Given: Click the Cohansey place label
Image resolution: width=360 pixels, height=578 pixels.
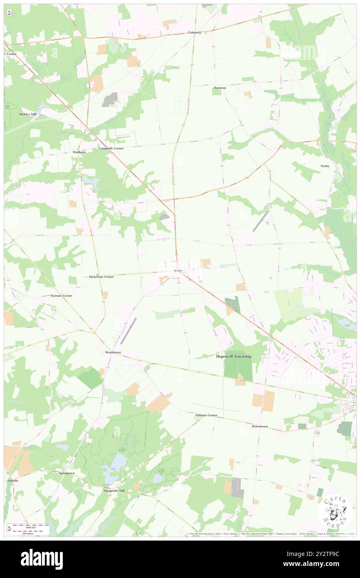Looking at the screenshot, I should coord(195,32).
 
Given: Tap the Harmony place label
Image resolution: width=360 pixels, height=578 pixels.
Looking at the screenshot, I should coord(219,88).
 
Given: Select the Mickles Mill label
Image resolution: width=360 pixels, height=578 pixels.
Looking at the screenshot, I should coord(27,114).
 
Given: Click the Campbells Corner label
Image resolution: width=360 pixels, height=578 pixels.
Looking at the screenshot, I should coord(111,148).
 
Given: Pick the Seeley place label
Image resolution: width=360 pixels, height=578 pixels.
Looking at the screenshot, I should coord(325,166).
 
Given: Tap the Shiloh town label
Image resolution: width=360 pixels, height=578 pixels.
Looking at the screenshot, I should coord(178,271).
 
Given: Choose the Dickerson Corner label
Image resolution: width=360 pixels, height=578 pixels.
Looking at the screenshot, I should coord(101,277).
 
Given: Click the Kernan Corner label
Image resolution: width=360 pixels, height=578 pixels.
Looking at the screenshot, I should coord(62,296).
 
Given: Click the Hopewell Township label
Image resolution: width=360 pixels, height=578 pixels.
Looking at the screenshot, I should coord(234,356).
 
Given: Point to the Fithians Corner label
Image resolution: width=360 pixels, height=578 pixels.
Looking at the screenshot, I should coord(206,415).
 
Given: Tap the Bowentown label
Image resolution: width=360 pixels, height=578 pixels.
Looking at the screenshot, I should coord(260,427).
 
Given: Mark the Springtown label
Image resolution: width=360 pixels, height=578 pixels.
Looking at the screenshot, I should coord(66,473).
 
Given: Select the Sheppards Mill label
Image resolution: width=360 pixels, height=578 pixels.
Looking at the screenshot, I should coord(114,491).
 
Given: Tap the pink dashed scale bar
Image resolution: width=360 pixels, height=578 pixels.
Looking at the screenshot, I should coord(28,525).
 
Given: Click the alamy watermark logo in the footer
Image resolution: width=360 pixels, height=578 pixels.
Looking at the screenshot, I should coord(42,559).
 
